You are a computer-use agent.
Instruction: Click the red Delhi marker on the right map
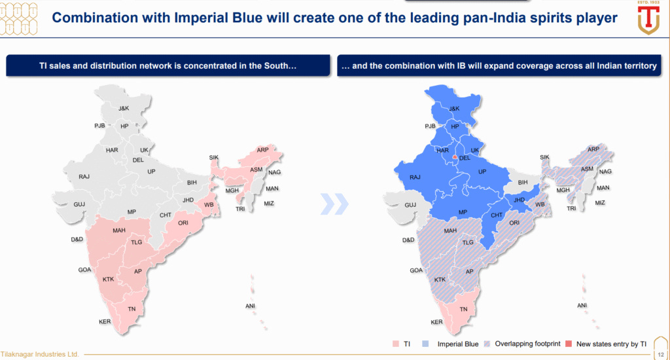click(x=455, y=157)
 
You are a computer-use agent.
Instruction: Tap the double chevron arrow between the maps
click(x=334, y=204)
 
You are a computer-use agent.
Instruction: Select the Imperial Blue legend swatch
click(x=425, y=344)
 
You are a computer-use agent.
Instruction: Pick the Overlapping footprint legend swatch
click(x=487, y=344)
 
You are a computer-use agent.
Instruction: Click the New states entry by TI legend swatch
click(x=569, y=344)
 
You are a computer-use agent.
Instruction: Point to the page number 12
click(x=661, y=355)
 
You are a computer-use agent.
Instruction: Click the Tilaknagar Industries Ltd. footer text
click(x=40, y=355)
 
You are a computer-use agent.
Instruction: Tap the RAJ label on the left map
click(x=84, y=177)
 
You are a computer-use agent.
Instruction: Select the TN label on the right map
click(x=464, y=309)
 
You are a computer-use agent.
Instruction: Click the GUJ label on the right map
click(x=410, y=205)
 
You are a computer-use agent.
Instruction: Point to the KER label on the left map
click(x=105, y=321)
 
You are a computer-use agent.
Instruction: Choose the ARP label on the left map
click(x=262, y=150)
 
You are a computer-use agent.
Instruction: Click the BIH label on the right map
click(x=523, y=182)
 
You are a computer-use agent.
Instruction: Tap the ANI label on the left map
click(x=250, y=306)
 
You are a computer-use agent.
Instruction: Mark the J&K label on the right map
click(x=454, y=109)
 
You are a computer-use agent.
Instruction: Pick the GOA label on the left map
click(x=84, y=270)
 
